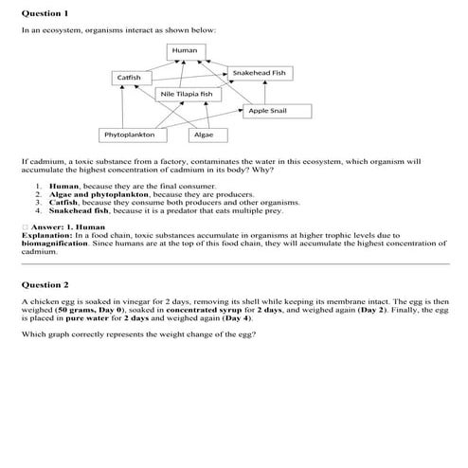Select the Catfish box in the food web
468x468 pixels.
129,76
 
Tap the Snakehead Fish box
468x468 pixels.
259,72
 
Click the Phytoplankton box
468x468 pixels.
130,135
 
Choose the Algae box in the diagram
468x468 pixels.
204,135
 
